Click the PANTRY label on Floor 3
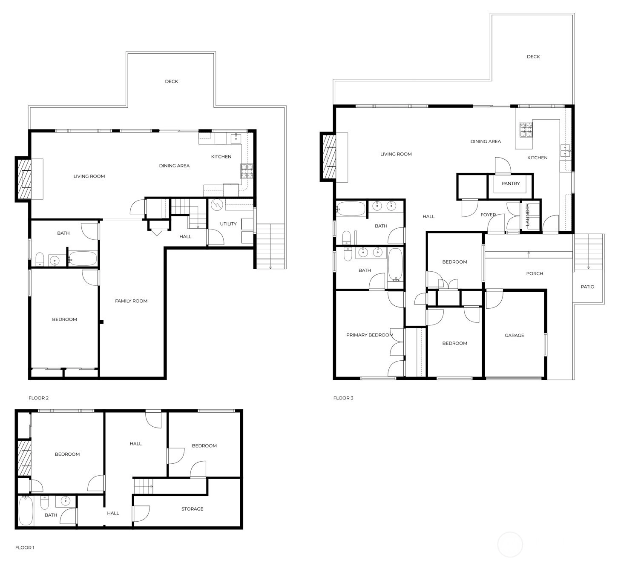tap(511, 184)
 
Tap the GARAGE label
tap(514, 335)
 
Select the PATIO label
tap(587, 287)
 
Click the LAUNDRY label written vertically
tap(527, 215)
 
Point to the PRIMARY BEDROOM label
tap(370, 335)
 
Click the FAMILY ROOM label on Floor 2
tap(131, 301)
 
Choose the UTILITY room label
tap(228, 224)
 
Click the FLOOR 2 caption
tap(38, 398)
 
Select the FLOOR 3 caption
tap(343, 398)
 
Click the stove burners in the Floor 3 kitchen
tap(526, 129)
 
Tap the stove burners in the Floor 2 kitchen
tap(247, 171)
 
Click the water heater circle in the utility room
tap(217, 204)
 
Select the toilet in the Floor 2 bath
tap(40, 259)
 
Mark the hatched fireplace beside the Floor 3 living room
tap(328, 157)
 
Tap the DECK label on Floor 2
tap(171, 81)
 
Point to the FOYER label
tap(488, 215)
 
